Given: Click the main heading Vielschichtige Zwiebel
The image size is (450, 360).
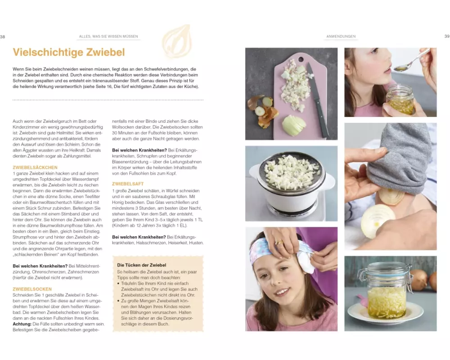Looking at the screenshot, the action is point(69,52).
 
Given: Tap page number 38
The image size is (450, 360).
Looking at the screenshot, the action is point(3,37).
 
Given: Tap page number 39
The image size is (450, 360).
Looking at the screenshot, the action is point(447,36).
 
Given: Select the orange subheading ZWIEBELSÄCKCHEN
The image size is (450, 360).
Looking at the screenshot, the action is point(35,167).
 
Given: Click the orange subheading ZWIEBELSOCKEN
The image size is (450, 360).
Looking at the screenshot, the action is point(32,289).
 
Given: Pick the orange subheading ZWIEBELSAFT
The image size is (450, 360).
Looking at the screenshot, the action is point(128,184).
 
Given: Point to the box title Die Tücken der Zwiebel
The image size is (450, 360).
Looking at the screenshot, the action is point(141,265).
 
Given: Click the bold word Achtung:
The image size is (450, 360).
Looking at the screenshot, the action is point(22,324).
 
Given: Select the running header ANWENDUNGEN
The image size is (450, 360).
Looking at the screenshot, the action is point(341,36).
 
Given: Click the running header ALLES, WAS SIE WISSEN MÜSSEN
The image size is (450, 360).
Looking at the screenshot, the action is point(108,36).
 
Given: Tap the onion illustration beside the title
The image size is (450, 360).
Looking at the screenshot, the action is point(177,42).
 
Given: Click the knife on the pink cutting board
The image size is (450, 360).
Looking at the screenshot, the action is point(318,100).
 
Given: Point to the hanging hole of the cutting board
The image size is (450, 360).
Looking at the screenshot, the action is point(301,60).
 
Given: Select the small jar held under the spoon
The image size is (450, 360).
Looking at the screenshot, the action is point(400,100).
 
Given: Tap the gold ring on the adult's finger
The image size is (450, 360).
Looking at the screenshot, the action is point(279,243).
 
